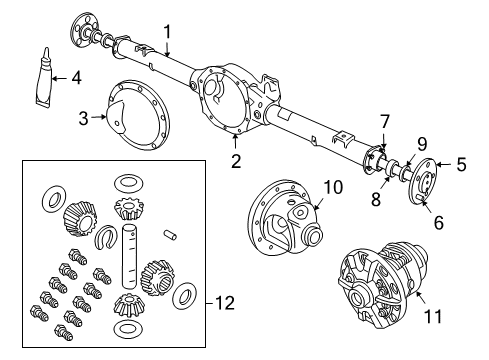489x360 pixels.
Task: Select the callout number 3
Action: (83, 118)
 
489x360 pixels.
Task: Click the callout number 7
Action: (384, 122)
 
